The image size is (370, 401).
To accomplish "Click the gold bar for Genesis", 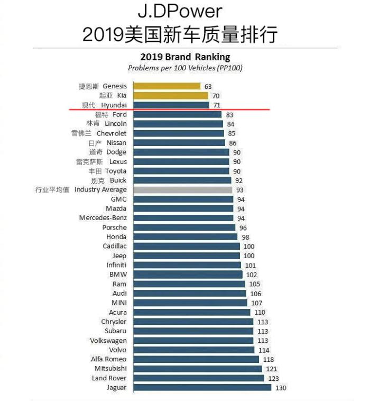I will tap(166, 86).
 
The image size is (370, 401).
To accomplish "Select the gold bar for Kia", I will tap(170, 96).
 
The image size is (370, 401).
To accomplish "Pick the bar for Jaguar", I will tap(202, 388).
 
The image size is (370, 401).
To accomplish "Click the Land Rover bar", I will tap(198, 378).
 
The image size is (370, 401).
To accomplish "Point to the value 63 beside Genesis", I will tap(208, 86).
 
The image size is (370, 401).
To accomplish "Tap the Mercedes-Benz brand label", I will tap(103, 218).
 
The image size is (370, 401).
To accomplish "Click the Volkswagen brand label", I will tap(108, 341).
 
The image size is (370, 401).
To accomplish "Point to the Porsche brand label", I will tap(114, 227).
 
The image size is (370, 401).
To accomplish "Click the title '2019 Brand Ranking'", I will tap(185, 57).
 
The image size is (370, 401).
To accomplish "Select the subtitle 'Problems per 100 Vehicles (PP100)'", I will tap(185, 68).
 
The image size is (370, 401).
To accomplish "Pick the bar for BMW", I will tap(188, 275).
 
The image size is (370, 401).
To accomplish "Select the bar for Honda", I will tap(185, 237).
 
